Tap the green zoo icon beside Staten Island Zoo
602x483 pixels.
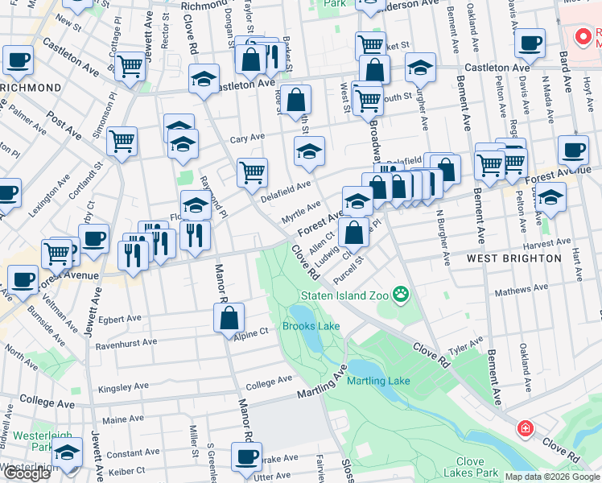coord(400,295)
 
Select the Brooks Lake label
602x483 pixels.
coord(311,326)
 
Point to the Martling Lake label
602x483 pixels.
coord(378,381)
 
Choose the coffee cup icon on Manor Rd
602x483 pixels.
coord(247,456)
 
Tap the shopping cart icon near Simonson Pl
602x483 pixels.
coord(122,141)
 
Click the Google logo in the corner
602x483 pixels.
coord(27,474)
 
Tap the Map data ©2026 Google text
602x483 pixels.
coord(551,477)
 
